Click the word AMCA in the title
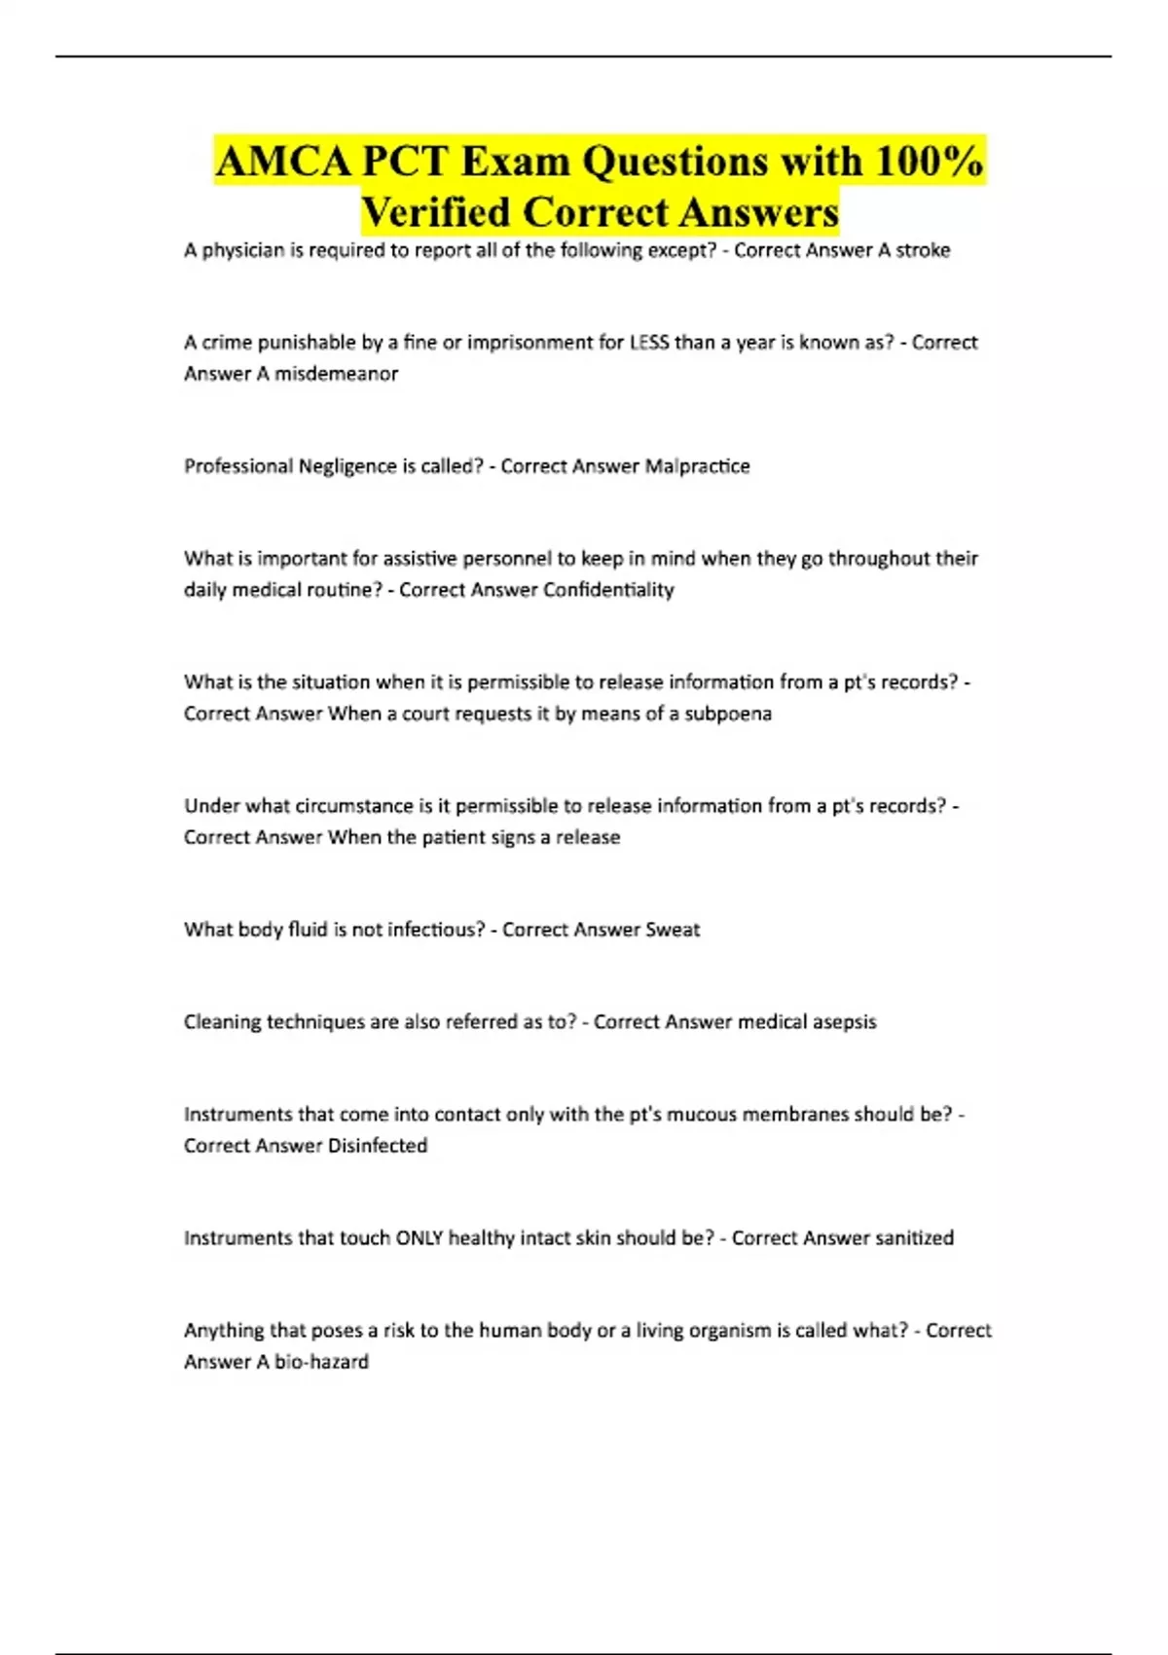[x=283, y=162]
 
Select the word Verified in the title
[x=435, y=212]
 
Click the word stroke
[x=923, y=250]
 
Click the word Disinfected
[x=378, y=1146]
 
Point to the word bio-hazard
[x=321, y=1362]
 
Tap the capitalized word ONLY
[x=419, y=1238]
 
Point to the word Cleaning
[x=223, y=1022]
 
